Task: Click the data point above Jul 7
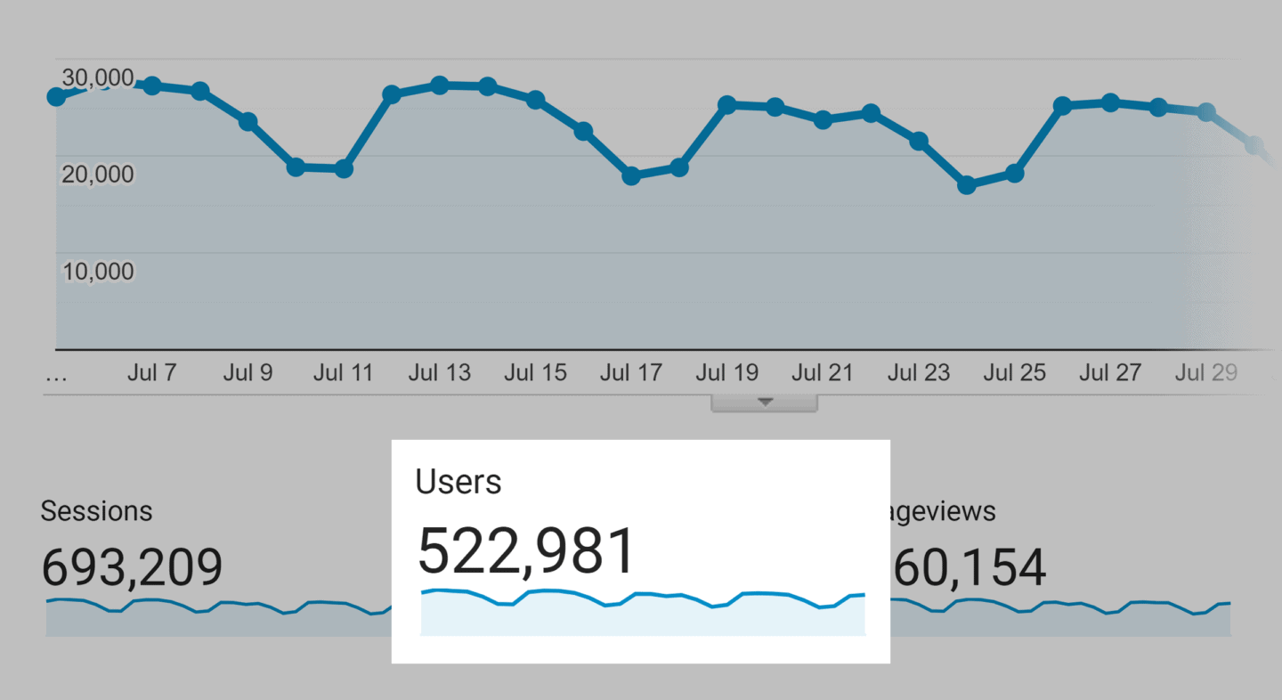click(151, 85)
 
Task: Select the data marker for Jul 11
click(344, 168)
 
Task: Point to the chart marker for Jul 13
click(439, 85)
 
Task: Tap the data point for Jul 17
click(631, 176)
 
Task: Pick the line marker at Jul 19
click(727, 105)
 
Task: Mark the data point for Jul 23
click(919, 141)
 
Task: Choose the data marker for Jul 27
click(1110, 102)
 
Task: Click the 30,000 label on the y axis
click(98, 78)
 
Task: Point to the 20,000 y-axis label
click(98, 175)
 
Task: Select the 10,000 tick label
click(98, 271)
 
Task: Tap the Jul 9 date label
click(247, 372)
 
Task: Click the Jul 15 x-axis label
click(535, 372)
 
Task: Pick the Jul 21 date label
click(823, 372)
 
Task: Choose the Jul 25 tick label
click(1014, 372)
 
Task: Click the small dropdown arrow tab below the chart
click(764, 403)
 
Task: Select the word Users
click(458, 482)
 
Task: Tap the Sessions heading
click(96, 511)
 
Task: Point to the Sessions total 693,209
click(132, 567)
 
